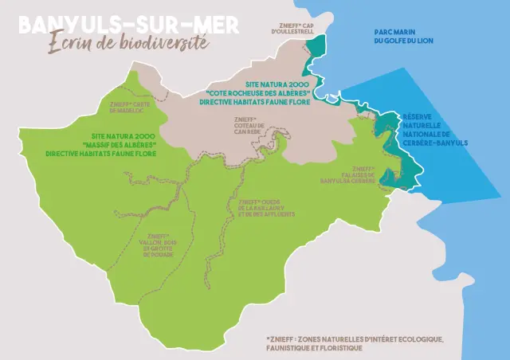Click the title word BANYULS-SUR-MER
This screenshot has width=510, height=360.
tap(127, 25)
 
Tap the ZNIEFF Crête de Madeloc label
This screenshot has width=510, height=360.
tap(129, 107)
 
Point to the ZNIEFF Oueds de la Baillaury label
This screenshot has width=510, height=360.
tap(266, 208)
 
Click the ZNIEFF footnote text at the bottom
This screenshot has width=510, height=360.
tap(355, 343)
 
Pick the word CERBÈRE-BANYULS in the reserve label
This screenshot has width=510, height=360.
tap(435, 143)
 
